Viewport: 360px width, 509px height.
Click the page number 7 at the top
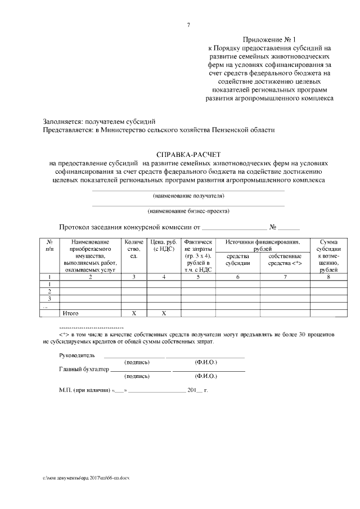pos(188,25)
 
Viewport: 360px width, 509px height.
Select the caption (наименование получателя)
pos(188,196)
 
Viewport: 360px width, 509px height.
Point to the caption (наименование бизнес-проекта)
pos(188,211)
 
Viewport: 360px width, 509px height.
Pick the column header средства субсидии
pos(237,259)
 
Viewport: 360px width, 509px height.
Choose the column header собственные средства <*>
pos(285,259)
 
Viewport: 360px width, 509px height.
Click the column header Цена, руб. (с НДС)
pos(164,245)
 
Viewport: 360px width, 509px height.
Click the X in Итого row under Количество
pos(133,312)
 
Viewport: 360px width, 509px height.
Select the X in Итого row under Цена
pos(164,312)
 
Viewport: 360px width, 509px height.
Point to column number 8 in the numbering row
pos(328,277)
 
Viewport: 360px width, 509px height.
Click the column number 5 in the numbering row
pos(198,277)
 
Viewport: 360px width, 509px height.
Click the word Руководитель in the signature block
pos(77,355)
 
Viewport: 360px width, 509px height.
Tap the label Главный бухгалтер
pos(84,370)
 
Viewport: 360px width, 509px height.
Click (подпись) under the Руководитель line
pos(137,362)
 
